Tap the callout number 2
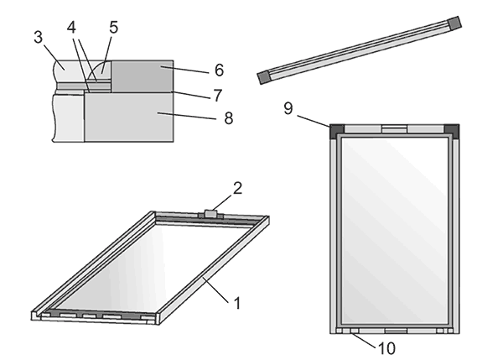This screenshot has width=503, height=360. click(237, 188)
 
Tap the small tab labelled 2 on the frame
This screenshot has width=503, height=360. click(209, 215)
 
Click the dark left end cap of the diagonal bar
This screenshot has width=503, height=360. click(264, 76)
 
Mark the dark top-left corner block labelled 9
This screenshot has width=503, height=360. click(338, 129)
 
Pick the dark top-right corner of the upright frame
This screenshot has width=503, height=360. click(453, 129)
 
